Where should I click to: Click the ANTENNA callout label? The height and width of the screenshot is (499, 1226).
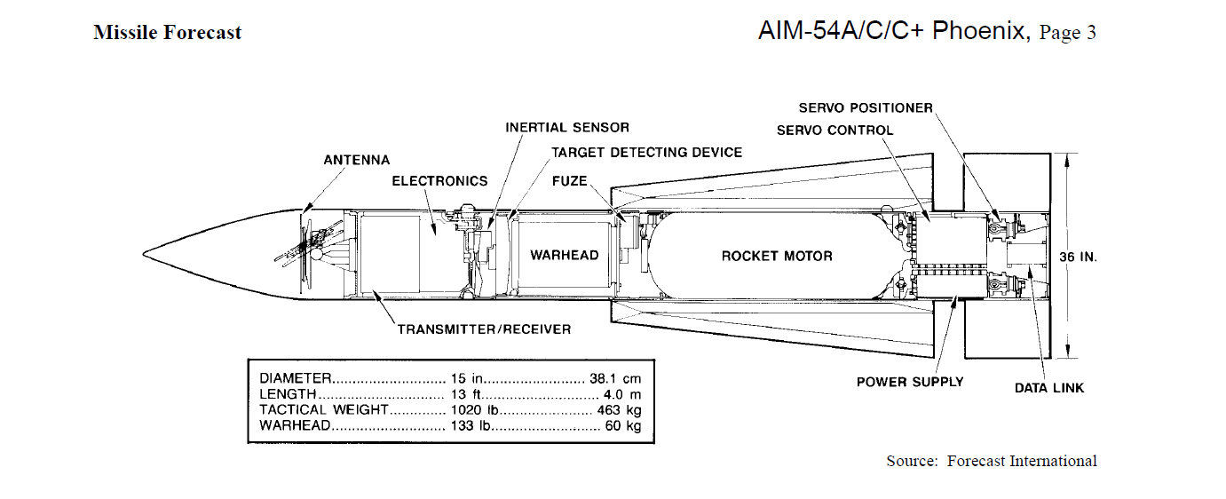click(356, 160)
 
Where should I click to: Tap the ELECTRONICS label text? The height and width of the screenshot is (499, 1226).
click(439, 181)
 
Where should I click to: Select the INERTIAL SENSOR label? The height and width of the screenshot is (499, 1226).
click(567, 128)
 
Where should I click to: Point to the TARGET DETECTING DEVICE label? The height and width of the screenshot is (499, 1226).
click(646, 152)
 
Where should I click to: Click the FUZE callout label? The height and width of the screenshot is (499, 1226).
click(569, 181)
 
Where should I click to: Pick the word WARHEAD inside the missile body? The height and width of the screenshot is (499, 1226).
click(565, 255)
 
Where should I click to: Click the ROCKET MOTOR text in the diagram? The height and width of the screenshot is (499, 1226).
click(777, 256)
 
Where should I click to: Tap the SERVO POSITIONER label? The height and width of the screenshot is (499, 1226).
click(866, 107)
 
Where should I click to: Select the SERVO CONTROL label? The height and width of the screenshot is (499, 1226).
click(834, 131)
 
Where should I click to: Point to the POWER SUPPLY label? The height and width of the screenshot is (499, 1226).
click(910, 382)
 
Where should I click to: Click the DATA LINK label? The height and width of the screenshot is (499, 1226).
click(1048, 388)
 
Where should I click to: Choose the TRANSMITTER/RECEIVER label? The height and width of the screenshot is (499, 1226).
click(484, 329)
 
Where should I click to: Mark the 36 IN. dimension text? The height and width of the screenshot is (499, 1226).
click(1079, 257)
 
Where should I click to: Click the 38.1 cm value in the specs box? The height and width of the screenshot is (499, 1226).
click(614, 378)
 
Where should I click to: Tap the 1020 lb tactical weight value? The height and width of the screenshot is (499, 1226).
click(466, 410)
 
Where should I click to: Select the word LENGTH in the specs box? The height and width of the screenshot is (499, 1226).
click(288, 394)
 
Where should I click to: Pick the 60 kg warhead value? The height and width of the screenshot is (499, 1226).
click(623, 425)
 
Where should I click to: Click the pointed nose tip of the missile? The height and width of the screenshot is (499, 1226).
click(144, 254)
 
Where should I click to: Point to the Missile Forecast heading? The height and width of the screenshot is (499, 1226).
click(168, 32)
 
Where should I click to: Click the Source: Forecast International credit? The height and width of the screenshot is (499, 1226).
click(992, 461)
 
